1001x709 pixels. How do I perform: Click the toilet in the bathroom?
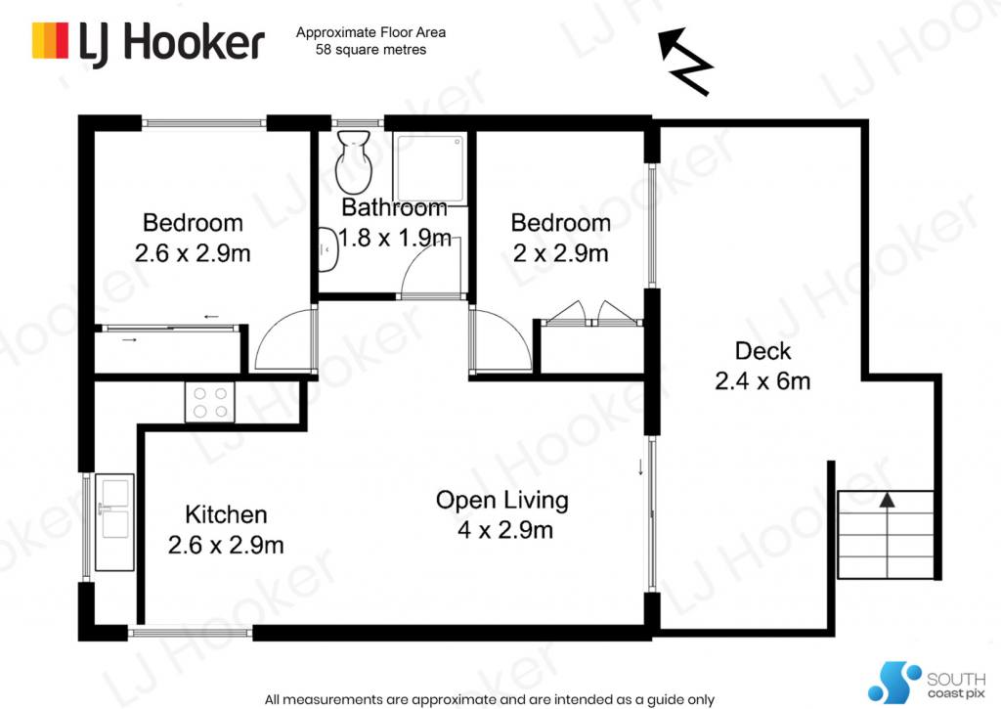[x=354, y=162]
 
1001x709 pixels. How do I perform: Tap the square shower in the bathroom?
[x=429, y=168]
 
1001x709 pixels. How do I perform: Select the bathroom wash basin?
[x=327, y=249]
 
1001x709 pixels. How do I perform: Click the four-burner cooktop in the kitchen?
[x=210, y=402]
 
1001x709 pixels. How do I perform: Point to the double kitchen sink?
[x=115, y=522]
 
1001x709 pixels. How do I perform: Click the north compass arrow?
[x=685, y=62]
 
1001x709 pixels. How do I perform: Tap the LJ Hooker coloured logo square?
[x=50, y=41]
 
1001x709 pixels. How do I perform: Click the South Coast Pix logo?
[x=927, y=682]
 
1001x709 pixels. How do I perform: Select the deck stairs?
[x=886, y=534]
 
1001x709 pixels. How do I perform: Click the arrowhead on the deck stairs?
[x=887, y=500]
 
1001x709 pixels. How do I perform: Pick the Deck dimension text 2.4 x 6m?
[x=762, y=381]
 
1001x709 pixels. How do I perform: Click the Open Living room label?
[x=502, y=500]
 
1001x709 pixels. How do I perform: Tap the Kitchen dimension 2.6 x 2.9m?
[x=226, y=545]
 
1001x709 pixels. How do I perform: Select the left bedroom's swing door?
[x=284, y=338]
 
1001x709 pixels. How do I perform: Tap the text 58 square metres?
[x=370, y=50]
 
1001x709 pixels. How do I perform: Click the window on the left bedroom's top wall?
[x=203, y=122]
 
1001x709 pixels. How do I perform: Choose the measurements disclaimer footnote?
[x=490, y=699]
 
